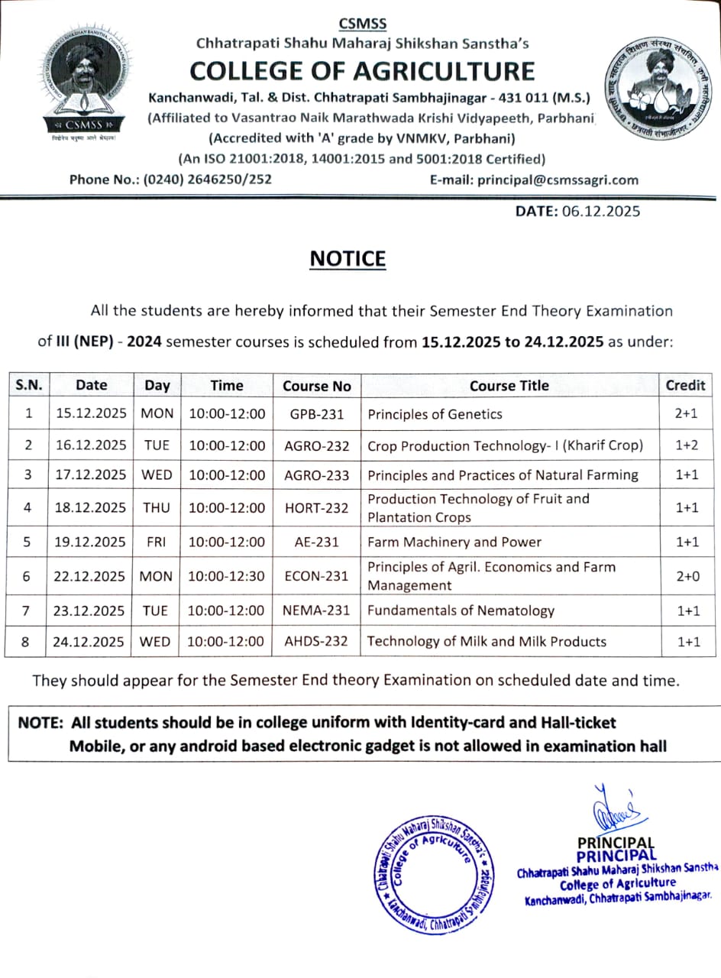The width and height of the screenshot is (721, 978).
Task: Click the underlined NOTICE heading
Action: [348, 259]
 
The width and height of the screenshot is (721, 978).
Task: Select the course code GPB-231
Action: [316, 414]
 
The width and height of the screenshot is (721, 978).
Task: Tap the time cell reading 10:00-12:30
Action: [226, 576]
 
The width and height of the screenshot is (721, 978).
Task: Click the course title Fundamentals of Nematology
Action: [461, 610]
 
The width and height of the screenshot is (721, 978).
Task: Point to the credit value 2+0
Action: [687, 576]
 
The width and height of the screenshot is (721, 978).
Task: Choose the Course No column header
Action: [316, 386]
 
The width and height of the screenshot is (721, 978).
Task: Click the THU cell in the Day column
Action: [157, 507]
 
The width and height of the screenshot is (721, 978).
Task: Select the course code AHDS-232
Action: [316, 641]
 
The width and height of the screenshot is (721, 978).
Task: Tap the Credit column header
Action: [685, 385]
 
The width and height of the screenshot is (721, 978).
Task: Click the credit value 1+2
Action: [687, 445]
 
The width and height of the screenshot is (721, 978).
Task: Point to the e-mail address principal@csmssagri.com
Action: [557, 180]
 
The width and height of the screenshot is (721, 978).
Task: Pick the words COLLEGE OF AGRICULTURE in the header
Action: [362, 71]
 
